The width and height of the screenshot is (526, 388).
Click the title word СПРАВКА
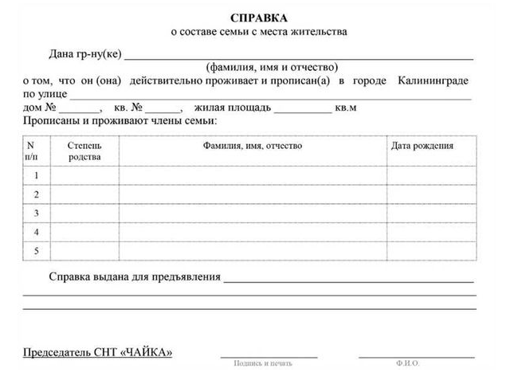(x=259, y=18)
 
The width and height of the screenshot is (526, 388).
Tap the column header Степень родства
(x=84, y=151)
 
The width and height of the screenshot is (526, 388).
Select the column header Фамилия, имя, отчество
(x=253, y=146)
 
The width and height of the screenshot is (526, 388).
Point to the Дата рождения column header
(x=422, y=146)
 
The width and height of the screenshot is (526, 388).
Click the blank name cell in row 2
(x=253, y=194)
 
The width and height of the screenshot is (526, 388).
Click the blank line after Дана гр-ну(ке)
(x=299, y=56)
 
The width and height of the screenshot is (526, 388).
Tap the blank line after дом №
(x=80, y=109)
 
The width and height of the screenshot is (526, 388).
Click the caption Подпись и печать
(x=263, y=364)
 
